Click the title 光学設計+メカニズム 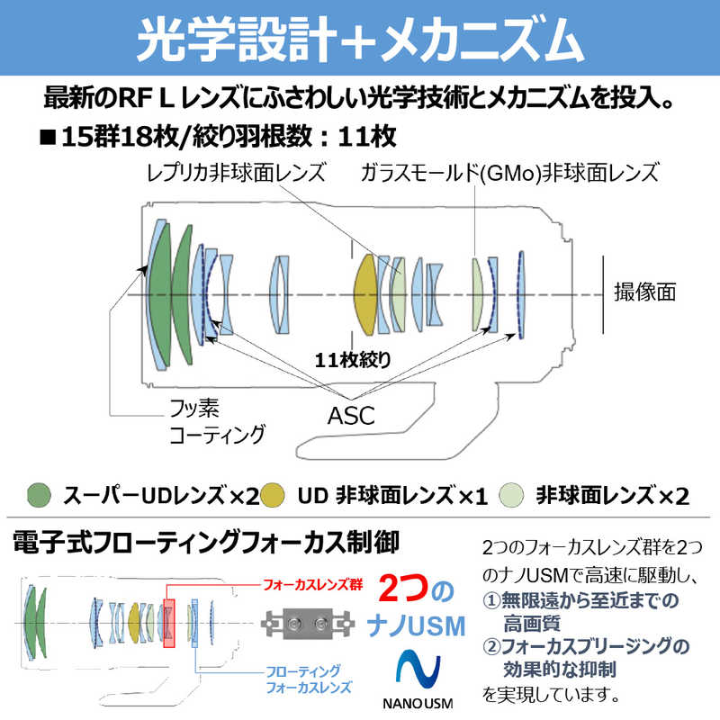pos(360,38)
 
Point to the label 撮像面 pos(644,292)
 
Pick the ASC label pos(351,417)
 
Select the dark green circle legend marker pos(39,495)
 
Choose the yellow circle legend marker pos(275,495)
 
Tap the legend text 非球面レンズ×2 pos(612,495)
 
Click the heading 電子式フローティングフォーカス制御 pos(206,544)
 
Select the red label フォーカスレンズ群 pos(311,585)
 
